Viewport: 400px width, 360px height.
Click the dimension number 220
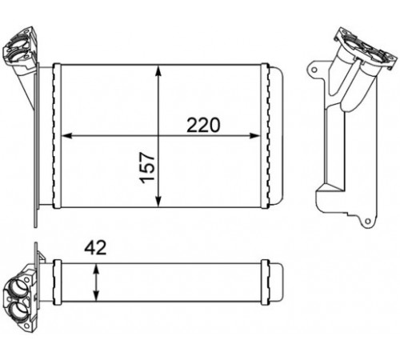pos(203,125)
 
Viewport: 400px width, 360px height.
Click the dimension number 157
pos(147,168)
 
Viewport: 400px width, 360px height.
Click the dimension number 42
pos(95,247)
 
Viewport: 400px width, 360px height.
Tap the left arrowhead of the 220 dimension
pos(67,136)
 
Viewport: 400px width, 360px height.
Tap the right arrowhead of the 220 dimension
pos(254,136)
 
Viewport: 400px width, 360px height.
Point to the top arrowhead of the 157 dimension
pos(158,70)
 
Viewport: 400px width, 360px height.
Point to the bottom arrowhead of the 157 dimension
pos(158,202)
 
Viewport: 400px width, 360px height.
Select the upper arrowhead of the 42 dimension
pos(96,269)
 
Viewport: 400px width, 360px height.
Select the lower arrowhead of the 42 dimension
pos(96,296)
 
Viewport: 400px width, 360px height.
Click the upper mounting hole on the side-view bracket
pos(314,70)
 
